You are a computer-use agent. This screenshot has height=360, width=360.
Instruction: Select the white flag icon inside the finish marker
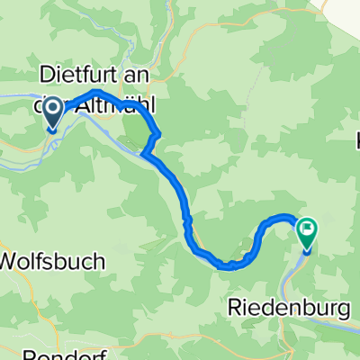(x=308, y=229)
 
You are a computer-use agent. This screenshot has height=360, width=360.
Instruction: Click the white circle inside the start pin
(x=51, y=111)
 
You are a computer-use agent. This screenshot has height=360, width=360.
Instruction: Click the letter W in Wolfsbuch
(x=13, y=261)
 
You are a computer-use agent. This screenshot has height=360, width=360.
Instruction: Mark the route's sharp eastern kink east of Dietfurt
(x=158, y=135)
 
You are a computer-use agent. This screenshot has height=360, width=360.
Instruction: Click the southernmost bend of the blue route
(x=229, y=265)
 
